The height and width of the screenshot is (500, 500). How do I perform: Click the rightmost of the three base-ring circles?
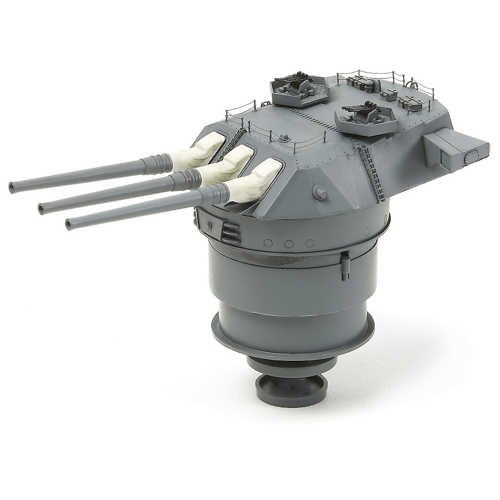click(309, 243)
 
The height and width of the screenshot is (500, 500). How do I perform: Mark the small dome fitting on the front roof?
click(285, 136)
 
